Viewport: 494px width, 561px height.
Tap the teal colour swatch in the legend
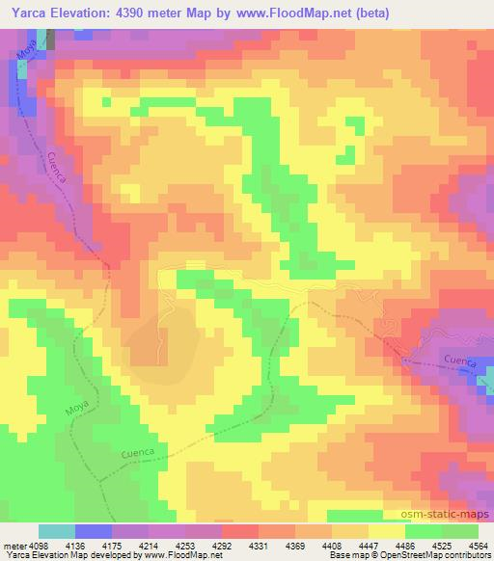click(57, 531)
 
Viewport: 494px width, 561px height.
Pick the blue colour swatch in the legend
click(94, 531)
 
